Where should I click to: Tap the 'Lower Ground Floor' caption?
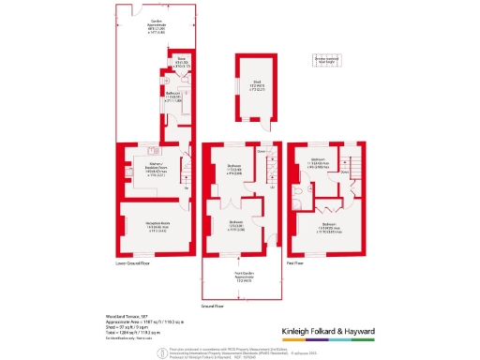pos(132,263)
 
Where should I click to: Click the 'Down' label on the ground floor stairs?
pos(262,152)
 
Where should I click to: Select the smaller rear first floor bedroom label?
pos(317,161)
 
